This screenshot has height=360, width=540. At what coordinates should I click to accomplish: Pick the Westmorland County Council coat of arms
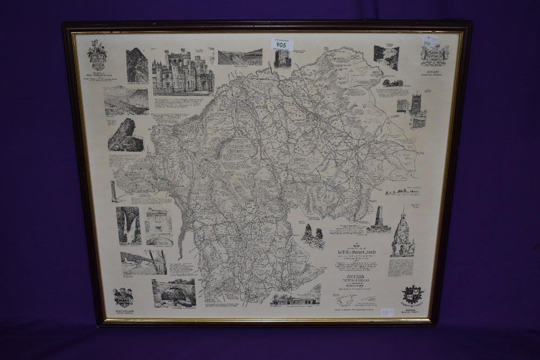(x=123, y=297)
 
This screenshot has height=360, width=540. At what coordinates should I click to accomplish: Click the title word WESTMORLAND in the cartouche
(x=357, y=252)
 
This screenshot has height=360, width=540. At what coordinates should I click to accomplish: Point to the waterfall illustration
(x=128, y=226)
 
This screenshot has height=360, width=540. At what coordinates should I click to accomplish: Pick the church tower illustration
(x=417, y=113)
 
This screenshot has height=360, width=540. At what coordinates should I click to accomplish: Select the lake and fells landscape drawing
(x=126, y=101)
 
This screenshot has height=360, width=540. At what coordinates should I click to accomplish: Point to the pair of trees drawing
(x=313, y=236)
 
